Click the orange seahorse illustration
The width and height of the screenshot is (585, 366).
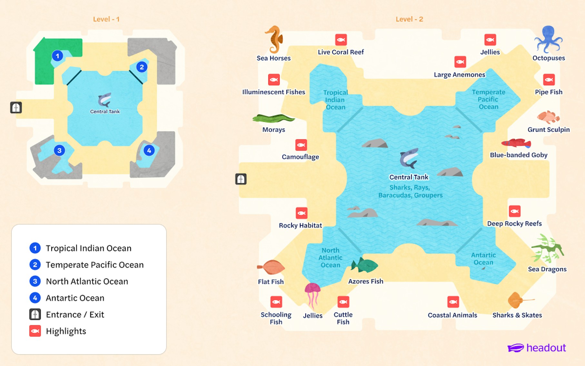[274, 39]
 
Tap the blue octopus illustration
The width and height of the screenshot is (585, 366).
[548, 39]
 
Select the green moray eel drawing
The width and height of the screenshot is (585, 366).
[273, 118]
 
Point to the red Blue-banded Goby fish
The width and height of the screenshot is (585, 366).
[516, 143]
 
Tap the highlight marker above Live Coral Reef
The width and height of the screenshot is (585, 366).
[341, 40]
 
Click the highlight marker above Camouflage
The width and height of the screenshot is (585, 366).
[301, 145]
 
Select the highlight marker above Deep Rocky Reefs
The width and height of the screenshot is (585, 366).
[514, 211]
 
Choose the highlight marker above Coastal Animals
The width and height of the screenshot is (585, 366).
[453, 302]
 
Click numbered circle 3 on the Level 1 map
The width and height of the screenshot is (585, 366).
[59, 150]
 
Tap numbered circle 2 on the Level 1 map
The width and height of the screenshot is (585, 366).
[142, 67]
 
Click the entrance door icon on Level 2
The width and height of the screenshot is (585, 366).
[241, 179]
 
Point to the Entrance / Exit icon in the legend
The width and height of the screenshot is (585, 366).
[35, 314]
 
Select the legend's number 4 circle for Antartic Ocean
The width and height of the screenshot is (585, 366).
[35, 298]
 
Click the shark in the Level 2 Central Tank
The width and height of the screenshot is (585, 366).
[409, 158]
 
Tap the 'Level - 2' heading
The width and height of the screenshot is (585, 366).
[409, 19]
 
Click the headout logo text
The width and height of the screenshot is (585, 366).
[546, 348]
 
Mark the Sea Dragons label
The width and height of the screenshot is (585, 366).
[547, 269]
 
